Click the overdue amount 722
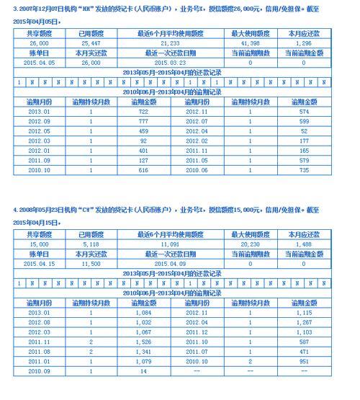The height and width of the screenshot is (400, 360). point(143,112)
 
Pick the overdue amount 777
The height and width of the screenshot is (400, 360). point(143,122)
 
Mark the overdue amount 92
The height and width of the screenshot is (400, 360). point(143,141)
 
